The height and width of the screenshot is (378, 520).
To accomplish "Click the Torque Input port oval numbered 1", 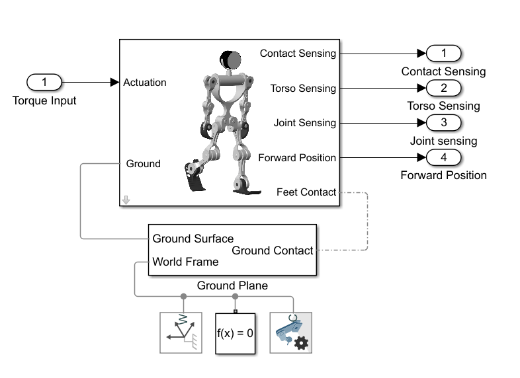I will tap(44, 82).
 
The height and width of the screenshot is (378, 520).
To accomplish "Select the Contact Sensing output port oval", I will tap(443, 54).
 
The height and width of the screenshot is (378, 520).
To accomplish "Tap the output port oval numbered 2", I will tap(443, 88).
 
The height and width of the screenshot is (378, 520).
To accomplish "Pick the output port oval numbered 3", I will tap(443, 122).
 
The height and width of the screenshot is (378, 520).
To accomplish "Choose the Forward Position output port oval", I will tap(443, 157).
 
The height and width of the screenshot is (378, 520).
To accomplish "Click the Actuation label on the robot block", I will tap(145, 83).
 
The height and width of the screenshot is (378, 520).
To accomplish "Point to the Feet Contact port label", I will tap(306, 192).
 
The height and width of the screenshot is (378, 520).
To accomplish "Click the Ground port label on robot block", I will tap(144, 163).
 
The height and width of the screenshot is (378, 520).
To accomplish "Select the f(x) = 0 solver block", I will tap(235, 332).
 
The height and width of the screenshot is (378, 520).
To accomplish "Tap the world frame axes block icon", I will tap(181, 332).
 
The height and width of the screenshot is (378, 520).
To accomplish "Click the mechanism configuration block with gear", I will tap(290, 332).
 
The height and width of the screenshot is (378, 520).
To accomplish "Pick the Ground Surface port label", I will tap(193, 239).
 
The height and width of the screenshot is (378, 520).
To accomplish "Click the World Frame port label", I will tap(185, 262).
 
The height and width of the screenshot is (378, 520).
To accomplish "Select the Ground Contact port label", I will tap(272, 250).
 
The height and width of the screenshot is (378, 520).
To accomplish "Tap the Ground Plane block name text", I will tap(232, 285).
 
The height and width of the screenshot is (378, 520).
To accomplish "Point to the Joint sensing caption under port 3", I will tap(443, 140).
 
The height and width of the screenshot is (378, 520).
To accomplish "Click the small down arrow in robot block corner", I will tap(126, 200).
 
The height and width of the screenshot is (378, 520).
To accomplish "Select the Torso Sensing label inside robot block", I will tap(303, 88).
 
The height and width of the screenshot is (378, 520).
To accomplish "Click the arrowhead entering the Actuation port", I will tap(114, 83).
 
